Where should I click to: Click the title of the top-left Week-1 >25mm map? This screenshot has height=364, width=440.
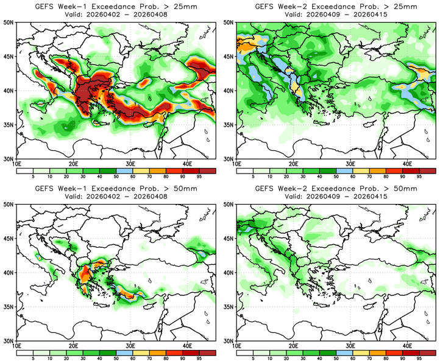click(115, 6)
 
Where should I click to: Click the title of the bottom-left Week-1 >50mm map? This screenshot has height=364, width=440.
click(115, 188)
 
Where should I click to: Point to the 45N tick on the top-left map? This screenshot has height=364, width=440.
click(9, 57)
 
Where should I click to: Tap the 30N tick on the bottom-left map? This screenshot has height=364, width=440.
click(9, 341)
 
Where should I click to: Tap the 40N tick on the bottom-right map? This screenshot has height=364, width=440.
click(230, 272)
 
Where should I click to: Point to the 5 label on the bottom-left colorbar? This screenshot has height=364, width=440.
click(32, 359)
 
